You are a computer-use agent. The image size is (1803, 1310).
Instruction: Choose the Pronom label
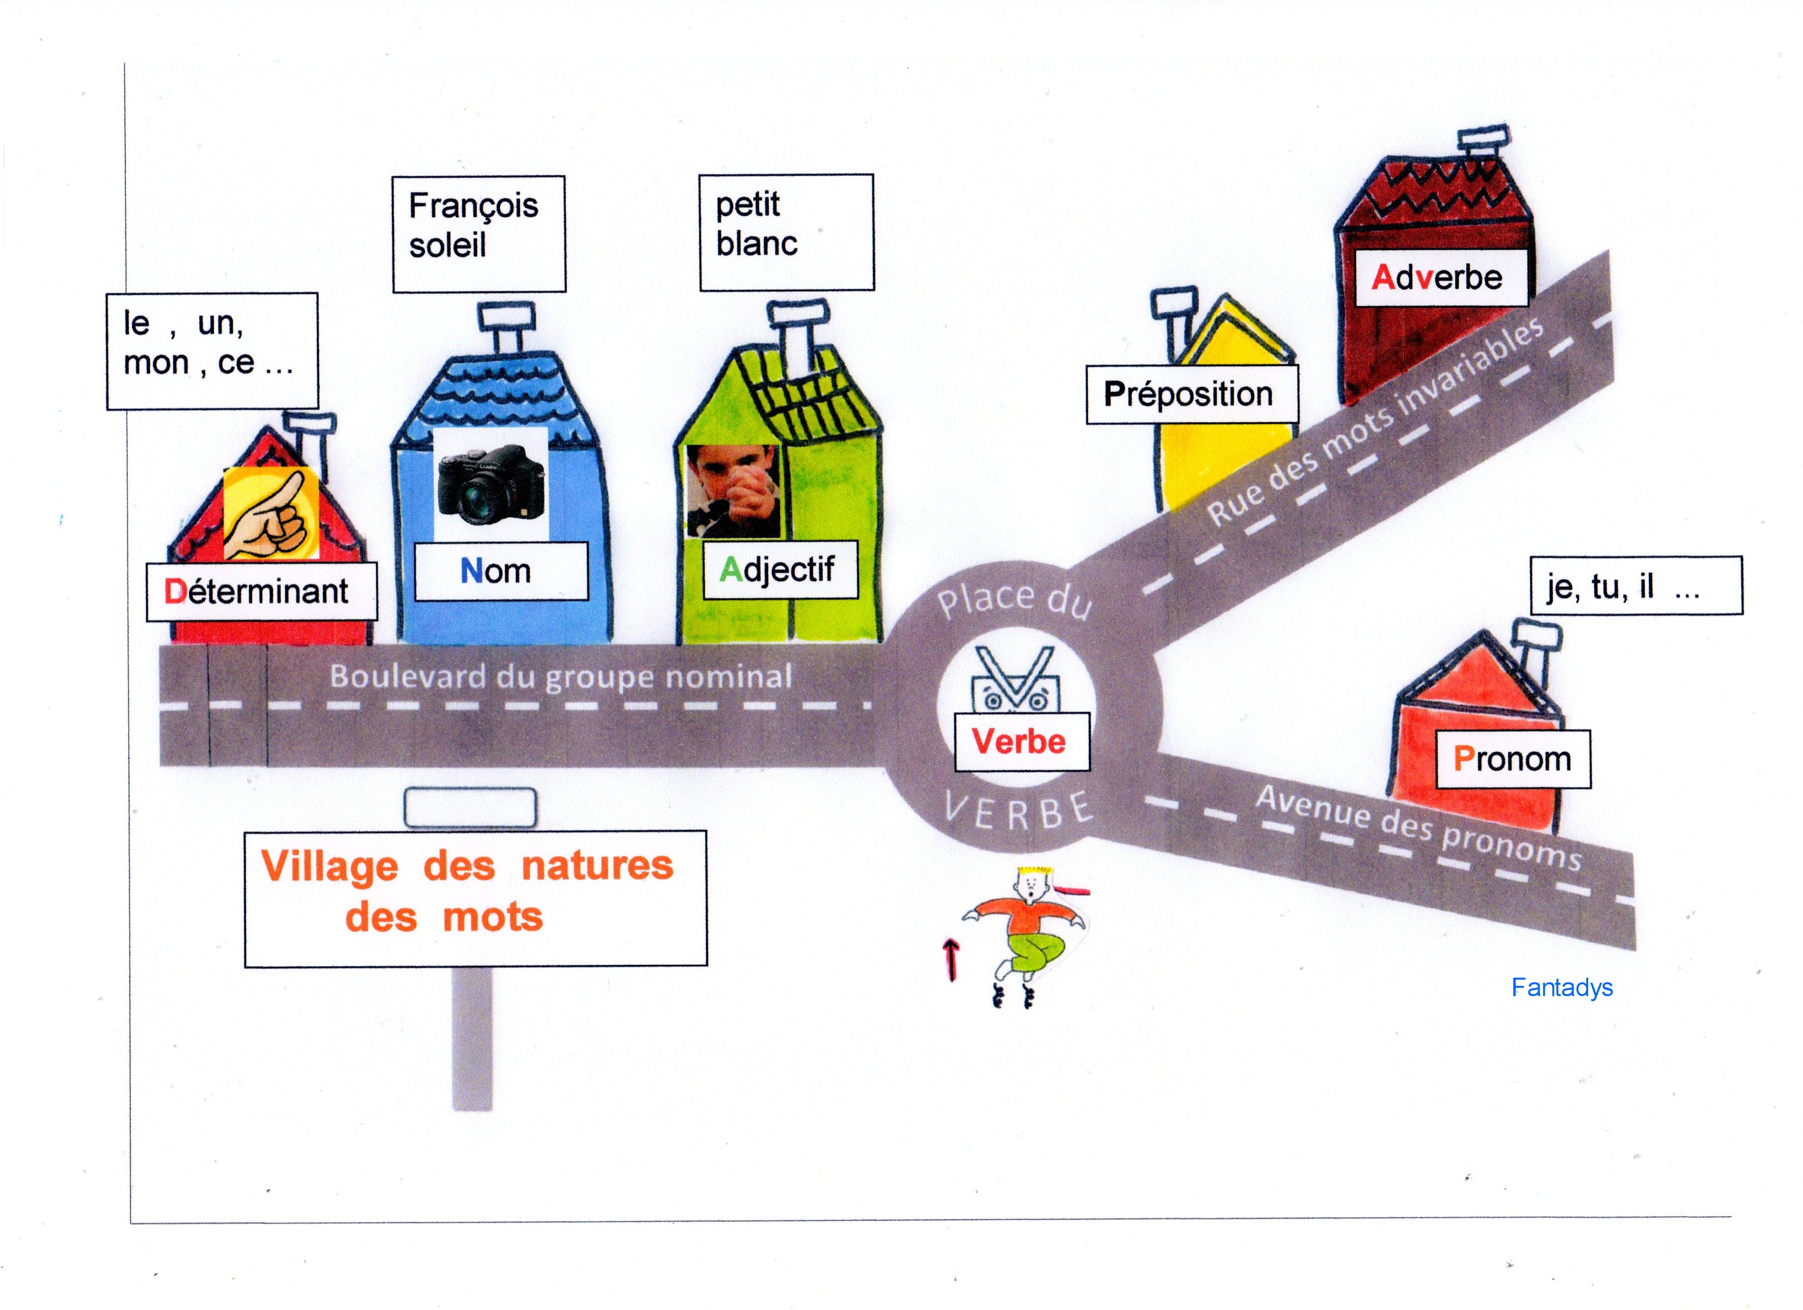[1512, 758]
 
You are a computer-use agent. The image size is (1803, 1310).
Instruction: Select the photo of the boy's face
[732, 491]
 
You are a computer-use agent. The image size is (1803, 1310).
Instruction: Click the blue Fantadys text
[1562, 987]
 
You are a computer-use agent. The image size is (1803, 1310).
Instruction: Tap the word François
[473, 206]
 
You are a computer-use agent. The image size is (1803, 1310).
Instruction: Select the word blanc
[756, 244]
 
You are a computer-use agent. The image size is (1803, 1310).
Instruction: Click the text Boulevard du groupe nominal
[561, 677]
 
